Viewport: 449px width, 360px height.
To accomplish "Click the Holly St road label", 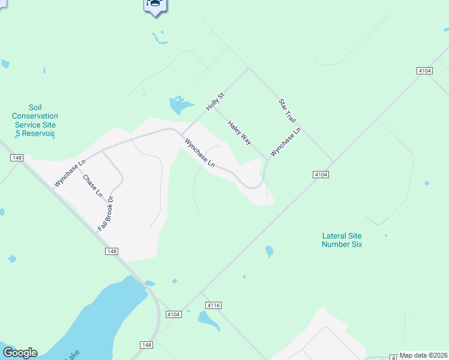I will pyautogui.click(x=215, y=101).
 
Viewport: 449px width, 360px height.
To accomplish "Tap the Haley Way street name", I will pyautogui.click(x=239, y=132).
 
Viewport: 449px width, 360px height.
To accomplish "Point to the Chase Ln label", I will pyautogui.click(x=92, y=185).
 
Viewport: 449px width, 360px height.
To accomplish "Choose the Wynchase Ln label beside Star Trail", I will pyautogui.click(x=285, y=142).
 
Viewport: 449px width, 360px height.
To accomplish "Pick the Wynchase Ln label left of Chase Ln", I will pyautogui.click(x=70, y=173).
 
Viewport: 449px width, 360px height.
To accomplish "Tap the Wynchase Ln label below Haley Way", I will pyautogui.click(x=199, y=152).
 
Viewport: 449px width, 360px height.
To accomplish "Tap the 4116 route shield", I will pyautogui.click(x=214, y=305).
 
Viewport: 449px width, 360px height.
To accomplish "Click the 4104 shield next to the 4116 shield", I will pyautogui.click(x=173, y=314).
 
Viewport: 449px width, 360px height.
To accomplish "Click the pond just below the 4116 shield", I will pyautogui.click(x=208, y=320).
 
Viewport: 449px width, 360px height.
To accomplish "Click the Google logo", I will pyautogui.click(x=20, y=353).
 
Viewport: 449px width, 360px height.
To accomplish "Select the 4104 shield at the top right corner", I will pyautogui.click(x=424, y=71).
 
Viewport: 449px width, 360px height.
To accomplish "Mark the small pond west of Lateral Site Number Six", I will pyautogui.click(x=270, y=251).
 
